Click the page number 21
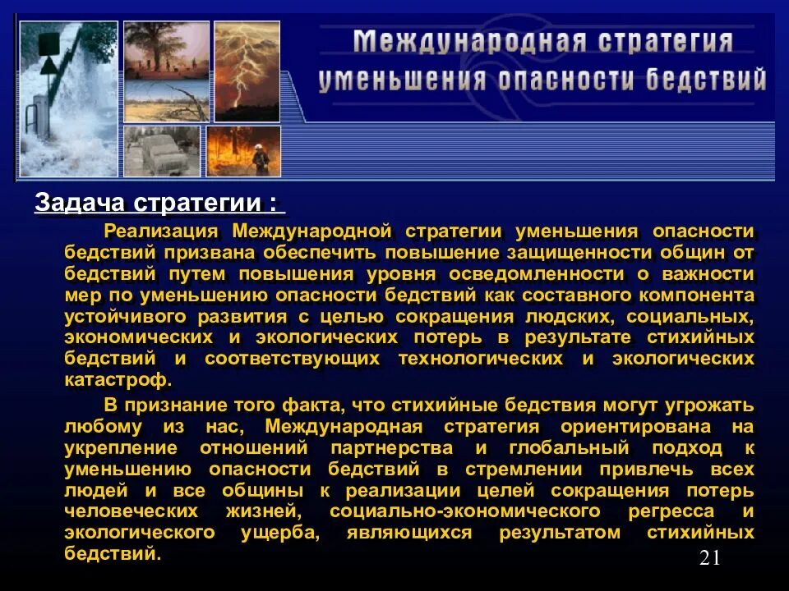[710, 559]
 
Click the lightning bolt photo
[247, 71]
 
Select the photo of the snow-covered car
[162, 151]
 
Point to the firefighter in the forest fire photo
[261, 158]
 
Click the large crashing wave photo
[67, 98]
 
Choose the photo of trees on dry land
[166, 71]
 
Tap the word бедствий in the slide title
[705, 80]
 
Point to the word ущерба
[278, 533]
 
